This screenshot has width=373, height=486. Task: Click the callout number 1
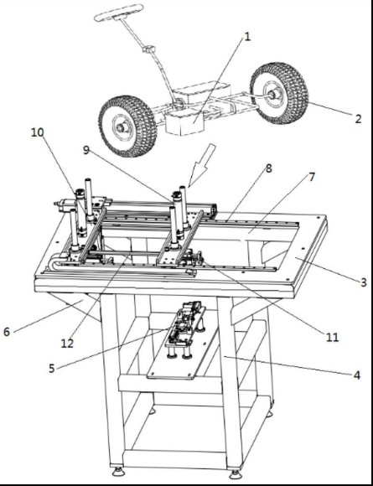coord(247,37)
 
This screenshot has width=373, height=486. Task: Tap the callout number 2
coord(358,119)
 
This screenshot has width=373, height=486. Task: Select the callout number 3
coord(363,282)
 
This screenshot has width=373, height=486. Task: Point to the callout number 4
coord(357,375)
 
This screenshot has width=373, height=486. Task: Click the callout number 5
coord(51,369)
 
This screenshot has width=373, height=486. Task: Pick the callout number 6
coord(7,332)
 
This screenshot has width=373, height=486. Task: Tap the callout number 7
coord(312,178)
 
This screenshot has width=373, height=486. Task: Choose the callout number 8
coord(268,168)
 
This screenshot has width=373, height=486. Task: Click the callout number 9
coord(85,150)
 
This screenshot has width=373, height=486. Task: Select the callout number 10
coord(37,132)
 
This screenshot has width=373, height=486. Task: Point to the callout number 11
coord(332,337)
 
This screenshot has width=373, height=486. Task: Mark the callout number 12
coord(67,343)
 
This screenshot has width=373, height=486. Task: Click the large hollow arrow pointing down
coord(201,165)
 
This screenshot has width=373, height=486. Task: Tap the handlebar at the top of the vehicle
coord(119,13)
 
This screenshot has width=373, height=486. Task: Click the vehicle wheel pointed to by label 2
coord(279,93)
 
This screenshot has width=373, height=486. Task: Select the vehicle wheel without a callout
coord(127,127)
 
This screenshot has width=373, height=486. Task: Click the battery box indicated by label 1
coord(184,123)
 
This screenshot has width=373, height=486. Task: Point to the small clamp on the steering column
coord(149,49)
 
